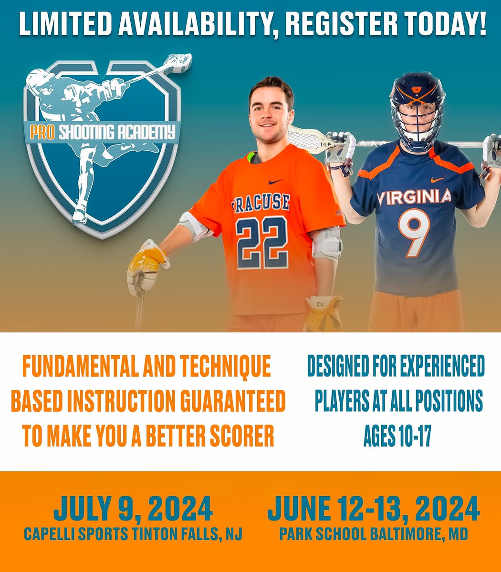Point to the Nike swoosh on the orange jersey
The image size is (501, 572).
tap(275, 182)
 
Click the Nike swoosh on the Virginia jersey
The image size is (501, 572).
tap(438, 180)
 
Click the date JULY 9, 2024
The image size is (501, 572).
tap(133, 509)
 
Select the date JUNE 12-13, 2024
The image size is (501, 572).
tap(373, 509)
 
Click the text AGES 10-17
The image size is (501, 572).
tap(397, 436)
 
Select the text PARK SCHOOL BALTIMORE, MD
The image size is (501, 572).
tap(373, 534)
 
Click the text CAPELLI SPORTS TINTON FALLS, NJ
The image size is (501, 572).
tap(133, 534)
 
